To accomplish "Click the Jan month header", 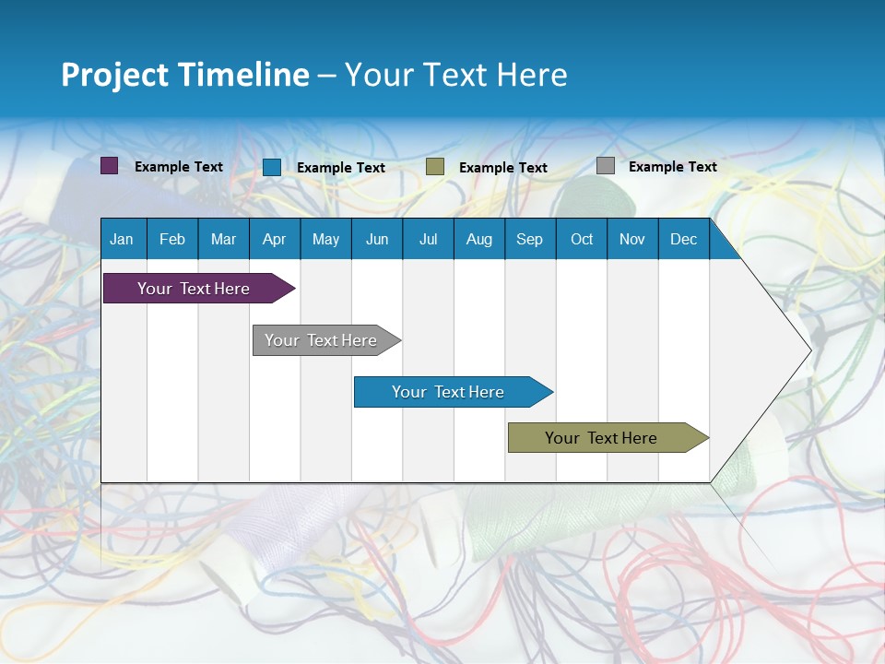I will tap(122, 239).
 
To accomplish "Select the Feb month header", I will tap(172, 239).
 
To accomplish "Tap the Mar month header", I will tap(223, 239).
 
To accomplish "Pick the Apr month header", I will tap(274, 239).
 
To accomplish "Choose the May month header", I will tap(325, 239).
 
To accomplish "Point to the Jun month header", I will tap(377, 239).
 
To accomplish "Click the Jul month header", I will tap(428, 239).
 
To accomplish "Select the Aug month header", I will tap(478, 239).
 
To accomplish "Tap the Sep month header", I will tap(529, 239).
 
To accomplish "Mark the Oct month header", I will tap(582, 239).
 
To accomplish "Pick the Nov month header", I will tap(632, 239).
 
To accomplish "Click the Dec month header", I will tap(684, 239).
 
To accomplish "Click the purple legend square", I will tap(110, 166).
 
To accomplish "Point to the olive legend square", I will tap(435, 166).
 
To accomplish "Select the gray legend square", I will tap(606, 166).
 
